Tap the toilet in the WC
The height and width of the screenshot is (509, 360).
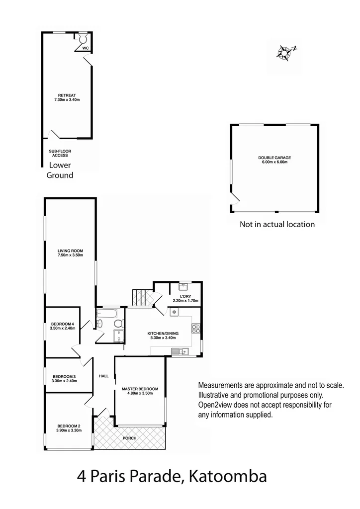83,39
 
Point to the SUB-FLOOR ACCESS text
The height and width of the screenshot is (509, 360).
58,153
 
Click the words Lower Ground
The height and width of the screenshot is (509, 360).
60,170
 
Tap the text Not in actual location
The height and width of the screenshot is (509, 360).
277,224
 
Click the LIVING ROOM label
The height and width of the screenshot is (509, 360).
70,253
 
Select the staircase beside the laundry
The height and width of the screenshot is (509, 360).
143,297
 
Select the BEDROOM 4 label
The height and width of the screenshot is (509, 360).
62,326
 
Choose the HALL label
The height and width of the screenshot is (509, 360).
103,376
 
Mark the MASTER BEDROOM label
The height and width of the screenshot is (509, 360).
140,390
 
